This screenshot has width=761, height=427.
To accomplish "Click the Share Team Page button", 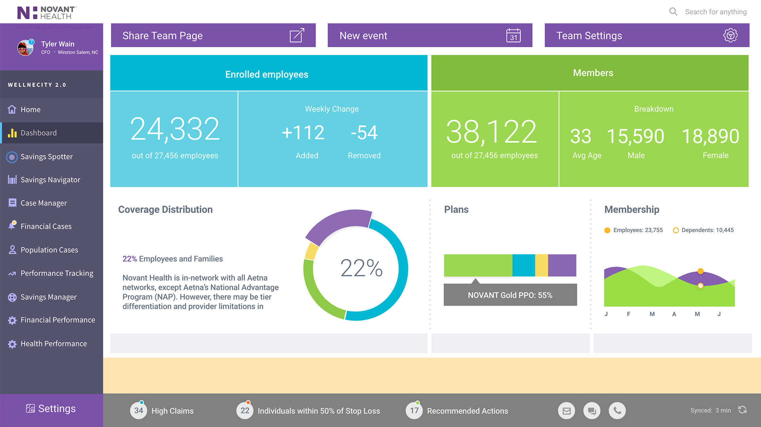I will (x=213, y=36).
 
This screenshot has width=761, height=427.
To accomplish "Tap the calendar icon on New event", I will (x=513, y=36).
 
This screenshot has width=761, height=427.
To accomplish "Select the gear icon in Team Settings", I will (x=730, y=36).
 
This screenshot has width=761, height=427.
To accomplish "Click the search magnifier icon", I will (x=673, y=11).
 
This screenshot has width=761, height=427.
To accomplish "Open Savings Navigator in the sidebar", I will (x=50, y=180).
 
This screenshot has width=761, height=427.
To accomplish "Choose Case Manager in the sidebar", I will (x=44, y=203).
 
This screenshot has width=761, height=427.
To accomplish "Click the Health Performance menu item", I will (x=54, y=344).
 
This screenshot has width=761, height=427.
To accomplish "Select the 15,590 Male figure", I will (x=635, y=137).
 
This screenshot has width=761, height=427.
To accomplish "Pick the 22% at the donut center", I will (x=361, y=268).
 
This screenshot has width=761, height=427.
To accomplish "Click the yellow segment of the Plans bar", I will (x=541, y=265).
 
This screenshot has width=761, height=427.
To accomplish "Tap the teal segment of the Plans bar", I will (x=524, y=265).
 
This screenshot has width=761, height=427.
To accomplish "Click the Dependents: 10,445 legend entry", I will (x=704, y=230).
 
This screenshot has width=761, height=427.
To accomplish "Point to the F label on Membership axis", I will (x=629, y=314).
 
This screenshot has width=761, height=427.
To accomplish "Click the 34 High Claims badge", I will (x=139, y=411).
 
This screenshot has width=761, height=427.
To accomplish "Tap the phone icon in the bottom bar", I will (x=617, y=411).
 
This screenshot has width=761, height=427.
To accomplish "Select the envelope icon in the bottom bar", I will (x=566, y=411).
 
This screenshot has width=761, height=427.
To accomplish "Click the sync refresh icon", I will (x=742, y=410).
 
